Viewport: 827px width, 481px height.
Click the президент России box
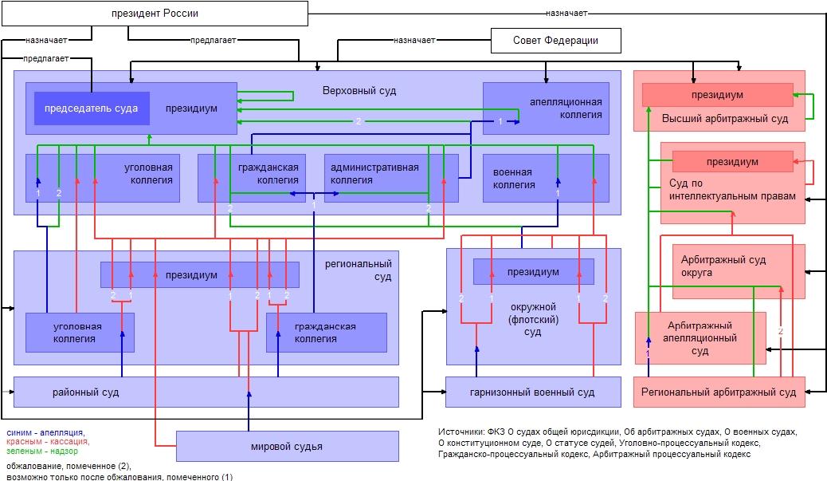pos(155,14)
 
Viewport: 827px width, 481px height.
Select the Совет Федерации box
pos(556,41)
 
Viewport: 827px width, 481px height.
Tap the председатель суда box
pos(92,108)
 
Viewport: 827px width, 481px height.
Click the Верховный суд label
pos(359,91)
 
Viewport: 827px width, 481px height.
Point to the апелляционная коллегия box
pos(546,108)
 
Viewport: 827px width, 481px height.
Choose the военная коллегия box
pos(546,179)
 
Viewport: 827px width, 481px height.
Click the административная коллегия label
pos(374,174)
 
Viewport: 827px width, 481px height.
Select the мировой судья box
pos(288,446)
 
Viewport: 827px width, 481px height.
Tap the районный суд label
pos(85,392)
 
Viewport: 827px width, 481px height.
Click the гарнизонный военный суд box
pos(533,392)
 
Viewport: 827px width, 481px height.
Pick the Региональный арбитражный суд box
pos(719,392)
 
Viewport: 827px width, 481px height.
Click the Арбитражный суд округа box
pos(739,271)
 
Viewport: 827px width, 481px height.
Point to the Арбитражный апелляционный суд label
pos(700,338)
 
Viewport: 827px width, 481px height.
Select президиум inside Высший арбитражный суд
pos(717,95)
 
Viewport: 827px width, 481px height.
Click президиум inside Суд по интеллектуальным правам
pos(733,162)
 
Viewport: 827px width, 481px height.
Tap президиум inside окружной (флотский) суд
pos(533,272)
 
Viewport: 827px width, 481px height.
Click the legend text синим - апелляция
pos(45,433)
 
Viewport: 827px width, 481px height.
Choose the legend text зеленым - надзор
pos(42,451)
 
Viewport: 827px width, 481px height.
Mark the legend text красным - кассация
pos(48,442)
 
